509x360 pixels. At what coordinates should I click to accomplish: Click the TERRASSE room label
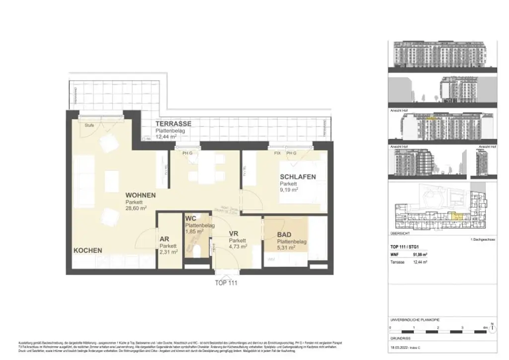(173, 123)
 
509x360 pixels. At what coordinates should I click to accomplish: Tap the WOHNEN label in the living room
(141, 195)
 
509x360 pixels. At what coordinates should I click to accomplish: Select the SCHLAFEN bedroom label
(298, 177)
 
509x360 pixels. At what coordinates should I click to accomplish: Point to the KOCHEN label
(88, 250)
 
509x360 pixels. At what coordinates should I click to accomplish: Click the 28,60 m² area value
(138, 209)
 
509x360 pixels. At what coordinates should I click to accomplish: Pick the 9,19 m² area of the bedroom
(289, 190)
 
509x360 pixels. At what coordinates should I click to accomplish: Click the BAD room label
(284, 235)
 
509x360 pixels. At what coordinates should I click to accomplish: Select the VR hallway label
(235, 233)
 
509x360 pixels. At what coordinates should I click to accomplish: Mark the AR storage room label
(165, 239)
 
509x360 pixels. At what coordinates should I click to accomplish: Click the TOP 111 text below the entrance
(226, 283)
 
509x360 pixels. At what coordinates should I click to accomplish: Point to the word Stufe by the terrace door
(89, 125)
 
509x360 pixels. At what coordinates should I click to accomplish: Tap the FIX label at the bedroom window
(277, 153)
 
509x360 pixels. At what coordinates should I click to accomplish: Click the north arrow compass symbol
(492, 328)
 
